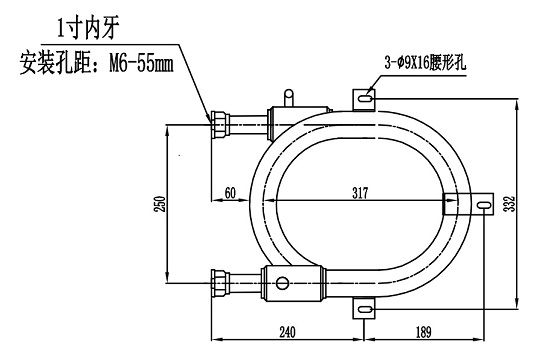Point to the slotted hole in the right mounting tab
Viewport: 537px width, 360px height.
pyautogui.click(x=484, y=205)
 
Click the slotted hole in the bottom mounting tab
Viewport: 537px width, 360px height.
pyautogui.click(x=364, y=311)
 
